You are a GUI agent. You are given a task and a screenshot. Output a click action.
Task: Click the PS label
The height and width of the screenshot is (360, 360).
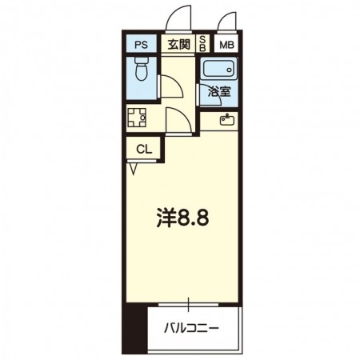(x=140, y=46)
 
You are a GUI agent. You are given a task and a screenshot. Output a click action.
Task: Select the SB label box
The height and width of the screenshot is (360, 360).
(x=202, y=46)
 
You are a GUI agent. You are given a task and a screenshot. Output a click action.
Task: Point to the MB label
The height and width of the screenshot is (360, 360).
(x=227, y=46)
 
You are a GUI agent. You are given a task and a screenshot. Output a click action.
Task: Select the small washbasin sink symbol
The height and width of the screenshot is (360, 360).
(x=226, y=122)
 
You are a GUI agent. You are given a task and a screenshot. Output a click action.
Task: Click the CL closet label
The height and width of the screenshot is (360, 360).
(x=142, y=149)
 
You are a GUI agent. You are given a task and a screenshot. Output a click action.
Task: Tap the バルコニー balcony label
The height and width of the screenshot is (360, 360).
(x=192, y=327)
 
